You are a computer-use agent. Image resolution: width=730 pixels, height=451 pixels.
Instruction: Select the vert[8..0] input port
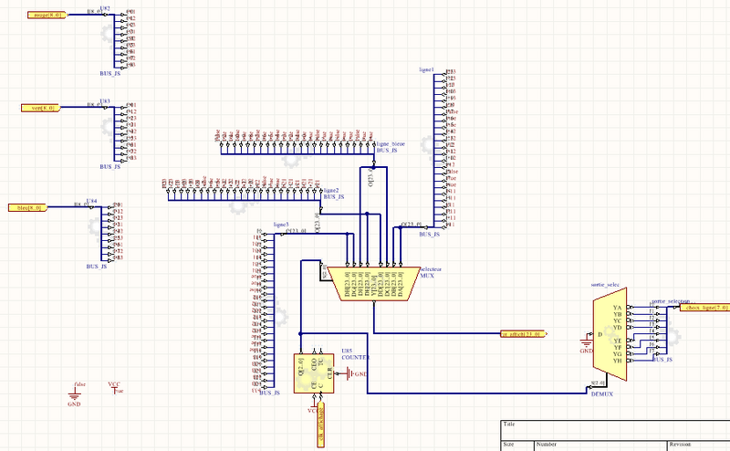[x=41, y=108]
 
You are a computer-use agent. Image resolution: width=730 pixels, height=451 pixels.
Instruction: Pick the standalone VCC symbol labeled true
[x=114, y=388]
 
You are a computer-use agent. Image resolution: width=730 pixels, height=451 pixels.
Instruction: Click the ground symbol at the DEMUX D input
[x=587, y=344]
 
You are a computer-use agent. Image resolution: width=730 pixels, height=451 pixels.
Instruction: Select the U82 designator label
[x=105, y=8]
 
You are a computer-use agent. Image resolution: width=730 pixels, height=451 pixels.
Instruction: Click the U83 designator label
[x=105, y=101]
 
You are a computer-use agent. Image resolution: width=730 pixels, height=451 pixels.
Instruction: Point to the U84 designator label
[x=91, y=200]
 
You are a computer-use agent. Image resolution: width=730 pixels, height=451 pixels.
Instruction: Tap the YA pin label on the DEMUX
[x=619, y=309]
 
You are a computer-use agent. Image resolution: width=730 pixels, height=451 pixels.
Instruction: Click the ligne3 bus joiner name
[x=282, y=225]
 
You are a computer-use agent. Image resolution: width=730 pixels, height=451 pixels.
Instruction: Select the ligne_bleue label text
[x=390, y=143]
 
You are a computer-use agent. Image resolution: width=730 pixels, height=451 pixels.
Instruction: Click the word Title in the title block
[x=509, y=425]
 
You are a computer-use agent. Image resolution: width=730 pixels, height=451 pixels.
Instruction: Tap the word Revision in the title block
[x=681, y=444]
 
